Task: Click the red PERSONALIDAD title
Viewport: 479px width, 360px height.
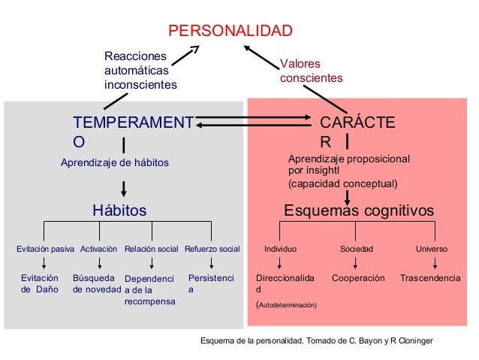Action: (229, 31)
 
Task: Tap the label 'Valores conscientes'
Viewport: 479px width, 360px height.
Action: (311, 71)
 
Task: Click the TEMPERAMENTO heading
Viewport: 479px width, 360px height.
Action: (132, 131)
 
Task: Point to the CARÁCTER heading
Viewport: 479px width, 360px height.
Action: (358, 131)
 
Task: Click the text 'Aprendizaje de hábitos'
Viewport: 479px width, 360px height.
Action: (114, 162)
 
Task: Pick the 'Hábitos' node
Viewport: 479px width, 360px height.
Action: (119, 210)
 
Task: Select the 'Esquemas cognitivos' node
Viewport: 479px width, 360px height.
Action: (358, 210)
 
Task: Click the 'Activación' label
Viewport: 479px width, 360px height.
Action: (98, 248)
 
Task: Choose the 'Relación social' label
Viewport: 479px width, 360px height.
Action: (152, 248)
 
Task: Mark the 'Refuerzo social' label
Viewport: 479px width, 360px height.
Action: (212, 248)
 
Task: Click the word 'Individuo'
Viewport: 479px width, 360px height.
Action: (281, 248)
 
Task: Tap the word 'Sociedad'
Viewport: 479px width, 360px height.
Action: (357, 248)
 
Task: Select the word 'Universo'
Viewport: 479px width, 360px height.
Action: (432, 248)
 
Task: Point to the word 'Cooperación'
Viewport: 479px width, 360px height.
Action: (358, 278)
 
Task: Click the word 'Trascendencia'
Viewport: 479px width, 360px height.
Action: (430, 278)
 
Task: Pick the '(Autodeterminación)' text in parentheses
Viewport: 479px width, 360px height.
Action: (287, 305)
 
